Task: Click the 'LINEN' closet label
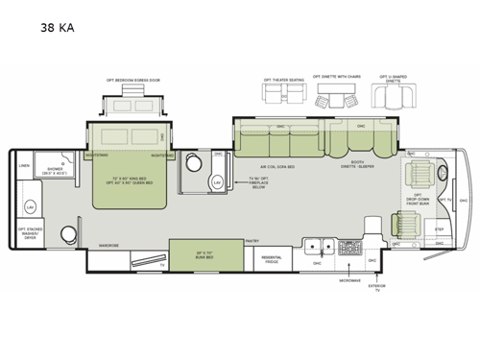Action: point(25,164)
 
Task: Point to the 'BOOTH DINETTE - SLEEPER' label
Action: point(361,164)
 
